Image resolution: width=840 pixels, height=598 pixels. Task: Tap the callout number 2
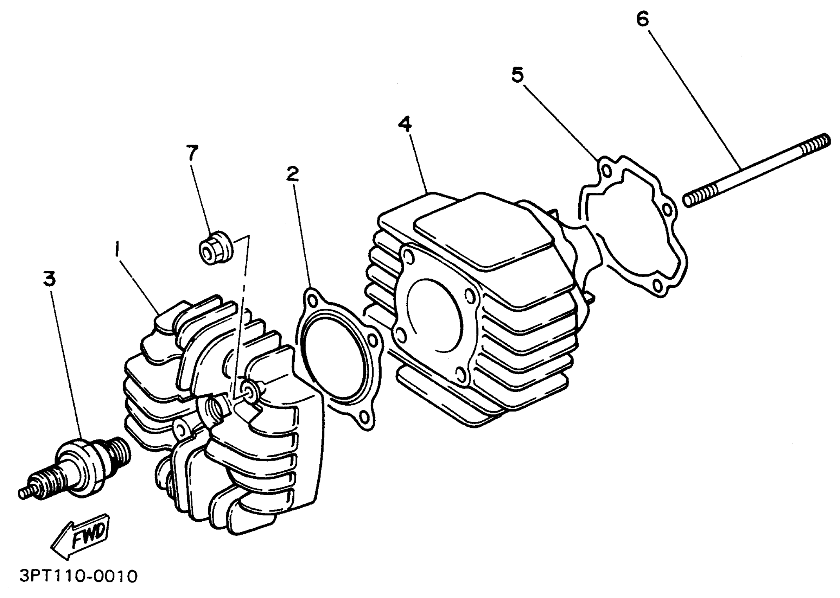(293, 174)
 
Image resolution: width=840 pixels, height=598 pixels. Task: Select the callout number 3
(49, 279)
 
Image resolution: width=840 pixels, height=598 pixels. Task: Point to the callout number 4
(405, 125)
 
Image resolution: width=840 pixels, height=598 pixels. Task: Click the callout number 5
(517, 75)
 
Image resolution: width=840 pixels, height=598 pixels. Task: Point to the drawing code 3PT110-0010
(78, 576)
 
